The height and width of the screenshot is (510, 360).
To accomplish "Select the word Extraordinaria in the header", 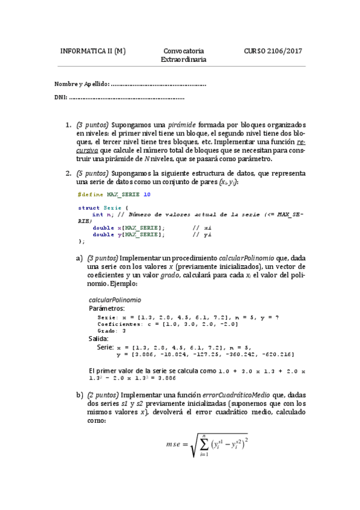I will click(x=183, y=60).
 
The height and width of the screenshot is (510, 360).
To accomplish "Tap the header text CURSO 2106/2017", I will click(x=273, y=51).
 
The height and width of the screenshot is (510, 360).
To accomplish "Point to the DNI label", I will click(x=59, y=97).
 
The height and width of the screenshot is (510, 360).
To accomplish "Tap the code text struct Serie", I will click(x=95, y=207).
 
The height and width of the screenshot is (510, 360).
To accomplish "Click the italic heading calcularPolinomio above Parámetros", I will click(x=115, y=299).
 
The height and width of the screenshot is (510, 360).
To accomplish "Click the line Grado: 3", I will click(x=111, y=330).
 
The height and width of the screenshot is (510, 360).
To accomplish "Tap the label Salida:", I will click(x=99, y=339).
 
